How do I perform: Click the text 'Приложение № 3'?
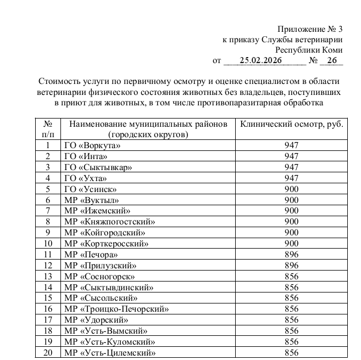310,29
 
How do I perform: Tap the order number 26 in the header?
331,60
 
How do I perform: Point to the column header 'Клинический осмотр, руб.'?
292,124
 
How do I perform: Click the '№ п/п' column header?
48,129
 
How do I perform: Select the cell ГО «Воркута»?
92,145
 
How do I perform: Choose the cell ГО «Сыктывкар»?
98,167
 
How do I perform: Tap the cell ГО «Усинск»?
90,189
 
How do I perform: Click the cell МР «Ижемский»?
97,211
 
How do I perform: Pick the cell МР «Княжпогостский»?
109,222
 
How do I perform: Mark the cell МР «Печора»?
91,255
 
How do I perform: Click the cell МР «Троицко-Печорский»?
116,309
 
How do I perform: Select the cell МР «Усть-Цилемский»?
110,353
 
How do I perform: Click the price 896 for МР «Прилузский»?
292,266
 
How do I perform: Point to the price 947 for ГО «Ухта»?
292,178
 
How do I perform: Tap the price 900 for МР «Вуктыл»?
292,200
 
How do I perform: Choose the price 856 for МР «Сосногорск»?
292,277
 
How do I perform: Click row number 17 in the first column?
48,320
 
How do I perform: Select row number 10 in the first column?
48,244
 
